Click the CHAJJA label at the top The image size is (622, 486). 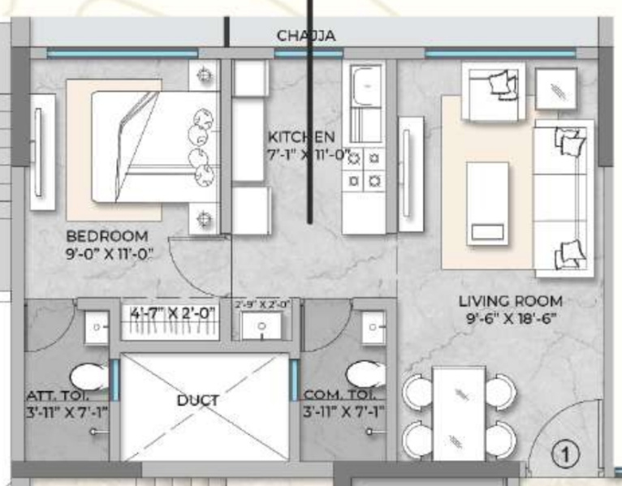click(305, 36)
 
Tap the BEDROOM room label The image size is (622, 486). click(107, 236)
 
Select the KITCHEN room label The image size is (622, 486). click(300, 136)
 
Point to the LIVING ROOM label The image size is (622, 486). click(510, 301)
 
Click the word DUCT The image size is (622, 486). click(197, 400)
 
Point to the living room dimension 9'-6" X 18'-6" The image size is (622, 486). click(510, 318)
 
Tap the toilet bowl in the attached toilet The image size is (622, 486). click(88, 376)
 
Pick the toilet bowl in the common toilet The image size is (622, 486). click(365, 375)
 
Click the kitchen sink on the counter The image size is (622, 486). click(363, 84)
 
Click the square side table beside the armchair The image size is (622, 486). click(556, 88)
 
